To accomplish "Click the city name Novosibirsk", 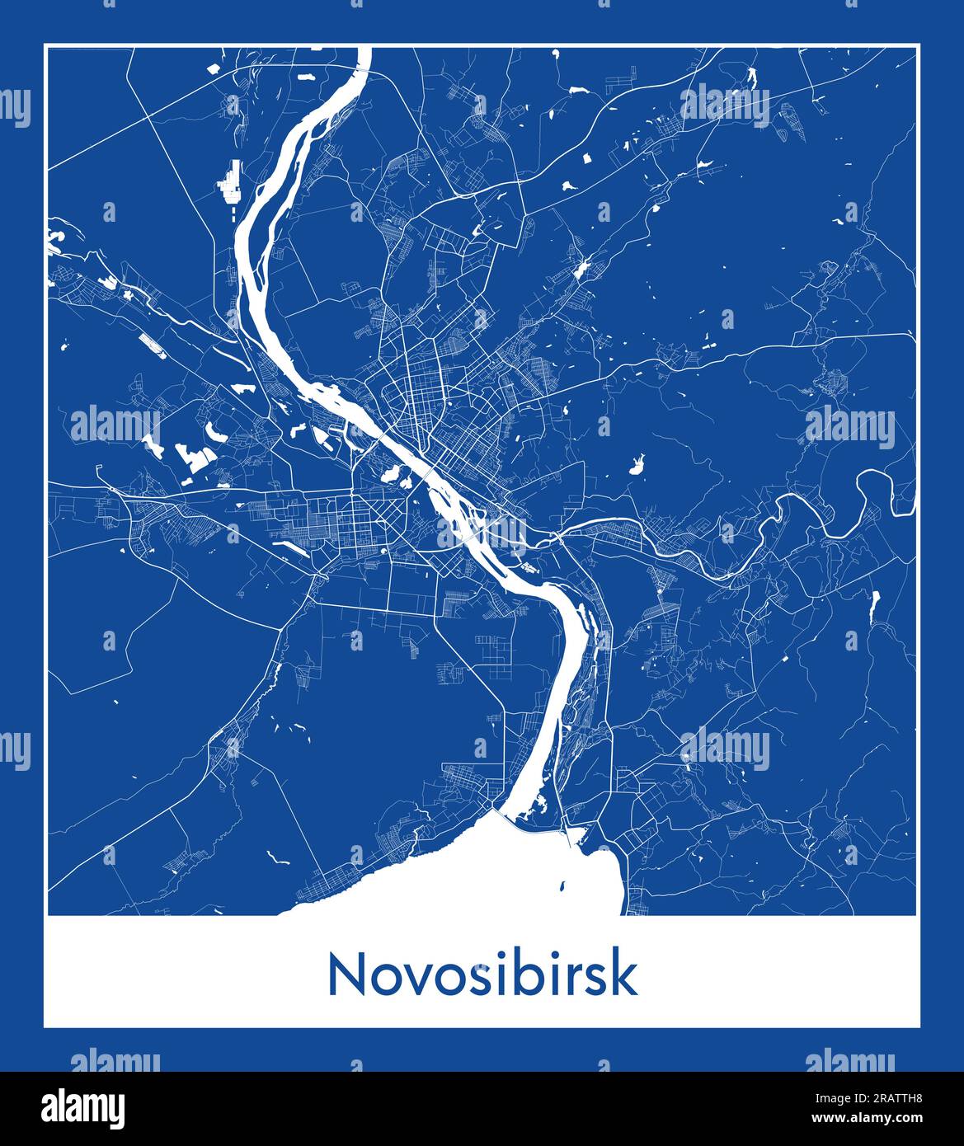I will click(482, 975).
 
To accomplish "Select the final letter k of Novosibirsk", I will click(626, 975).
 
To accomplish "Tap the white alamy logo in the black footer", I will click(84, 1107).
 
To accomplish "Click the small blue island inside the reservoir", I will click(562, 888).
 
